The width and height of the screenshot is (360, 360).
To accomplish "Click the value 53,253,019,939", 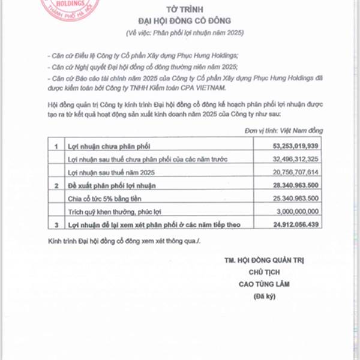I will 287,145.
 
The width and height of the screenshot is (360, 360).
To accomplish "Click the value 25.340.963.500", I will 287,199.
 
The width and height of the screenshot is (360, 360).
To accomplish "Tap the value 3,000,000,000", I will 290,212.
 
